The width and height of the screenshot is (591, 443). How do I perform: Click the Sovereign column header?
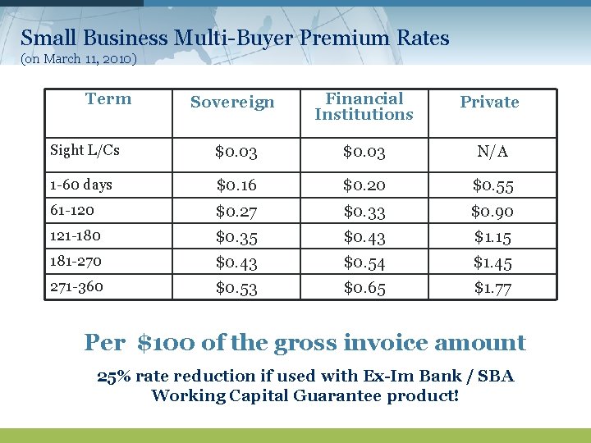click(x=232, y=103)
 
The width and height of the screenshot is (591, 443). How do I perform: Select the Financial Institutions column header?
click(x=364, y=107)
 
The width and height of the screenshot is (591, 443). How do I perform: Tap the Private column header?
click(x=489, y=103)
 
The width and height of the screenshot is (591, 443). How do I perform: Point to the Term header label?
click(x=108, y=99)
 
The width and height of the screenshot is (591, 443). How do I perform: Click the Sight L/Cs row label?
click(x=85, y=150)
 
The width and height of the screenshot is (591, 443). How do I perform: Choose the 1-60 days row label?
click(x=81, y=185)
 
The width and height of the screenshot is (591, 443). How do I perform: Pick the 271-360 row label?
click(x=76, y=286)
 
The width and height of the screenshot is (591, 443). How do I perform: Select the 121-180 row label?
click(x=76, y=236)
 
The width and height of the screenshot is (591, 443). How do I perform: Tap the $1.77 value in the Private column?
click(x=492, y=288)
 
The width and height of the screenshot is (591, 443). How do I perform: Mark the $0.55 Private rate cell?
click(x=492, y=186)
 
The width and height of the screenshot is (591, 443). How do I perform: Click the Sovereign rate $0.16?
click(x=236, y=186)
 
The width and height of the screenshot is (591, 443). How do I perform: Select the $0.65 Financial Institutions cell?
click(x=364, y=288)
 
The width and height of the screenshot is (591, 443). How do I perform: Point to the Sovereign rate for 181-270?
click(x=236, y=263)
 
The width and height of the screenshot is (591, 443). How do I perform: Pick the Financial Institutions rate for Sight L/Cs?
click(x=364, y=152)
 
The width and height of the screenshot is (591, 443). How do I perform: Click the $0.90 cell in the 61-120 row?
click(x=492, y=212)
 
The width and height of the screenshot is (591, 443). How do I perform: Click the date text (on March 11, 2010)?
click(x=79, y=59)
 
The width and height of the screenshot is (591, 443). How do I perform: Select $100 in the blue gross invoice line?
click(x=167, y=342)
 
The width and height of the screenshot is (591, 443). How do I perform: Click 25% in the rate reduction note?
click(x=113, y=377)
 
